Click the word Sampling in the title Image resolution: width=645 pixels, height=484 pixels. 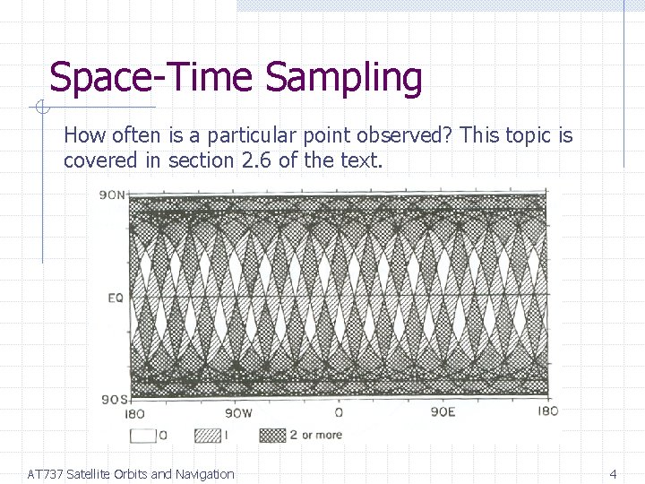[x=344, y=79]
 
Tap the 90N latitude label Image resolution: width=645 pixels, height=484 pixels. [x=113, y=195]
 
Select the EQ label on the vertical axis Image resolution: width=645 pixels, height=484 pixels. [x=115, y=297]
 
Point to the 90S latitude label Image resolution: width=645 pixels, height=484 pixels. [x=113, y=399]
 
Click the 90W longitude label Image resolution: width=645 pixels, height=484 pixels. [x=237, y=413]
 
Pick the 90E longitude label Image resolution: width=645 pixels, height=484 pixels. [x=443, y=412]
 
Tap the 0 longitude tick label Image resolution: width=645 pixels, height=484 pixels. [x=339, y=412]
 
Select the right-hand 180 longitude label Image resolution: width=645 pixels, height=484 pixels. [x=546, y=411]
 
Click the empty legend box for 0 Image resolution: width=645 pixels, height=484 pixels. [x=142, y=436]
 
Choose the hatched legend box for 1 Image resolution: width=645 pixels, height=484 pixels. [x=207, y=436]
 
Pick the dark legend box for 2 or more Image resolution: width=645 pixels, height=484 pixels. [x=272, y=436]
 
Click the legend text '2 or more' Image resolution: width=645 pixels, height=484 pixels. [x=315, y=436]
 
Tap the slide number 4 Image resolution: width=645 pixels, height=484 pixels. [x=613, y=473]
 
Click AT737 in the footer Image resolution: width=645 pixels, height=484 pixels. [x=45, y=474]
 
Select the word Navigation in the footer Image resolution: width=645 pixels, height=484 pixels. [x=205, y=474]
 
